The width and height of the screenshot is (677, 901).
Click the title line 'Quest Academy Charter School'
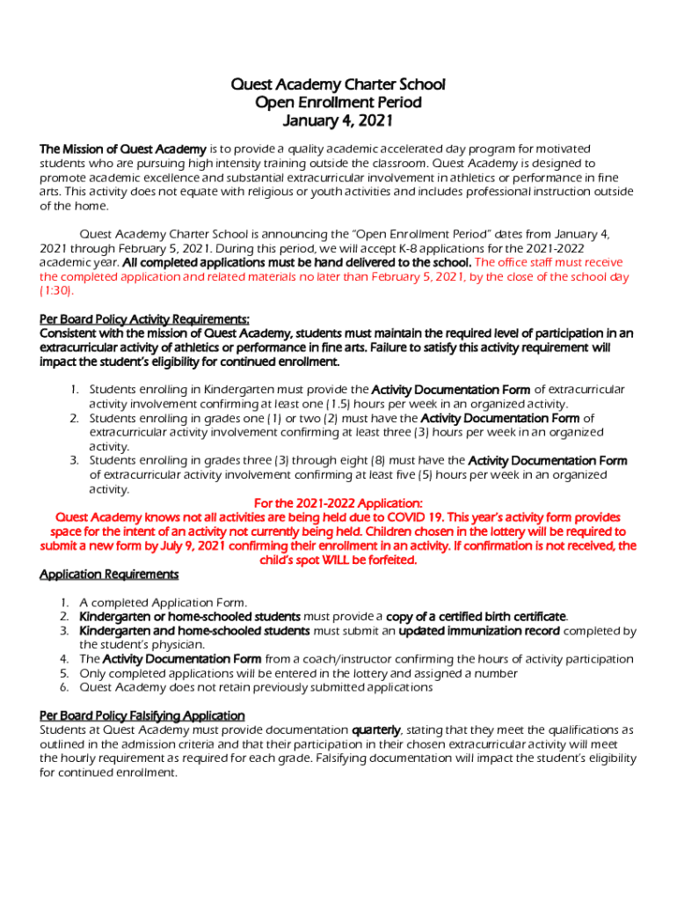(338, 84)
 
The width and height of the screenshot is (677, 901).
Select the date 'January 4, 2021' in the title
(338, 121)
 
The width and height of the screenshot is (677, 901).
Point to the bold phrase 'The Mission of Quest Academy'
(123, 148)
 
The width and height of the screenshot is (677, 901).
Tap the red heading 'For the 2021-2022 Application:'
(338, 502)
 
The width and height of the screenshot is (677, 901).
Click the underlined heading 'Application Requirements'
(109, 574)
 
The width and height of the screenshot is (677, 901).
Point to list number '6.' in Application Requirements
(65, 686)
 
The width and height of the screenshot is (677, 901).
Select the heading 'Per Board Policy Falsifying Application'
(142, 715)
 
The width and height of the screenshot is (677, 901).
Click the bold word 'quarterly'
(375, 729)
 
